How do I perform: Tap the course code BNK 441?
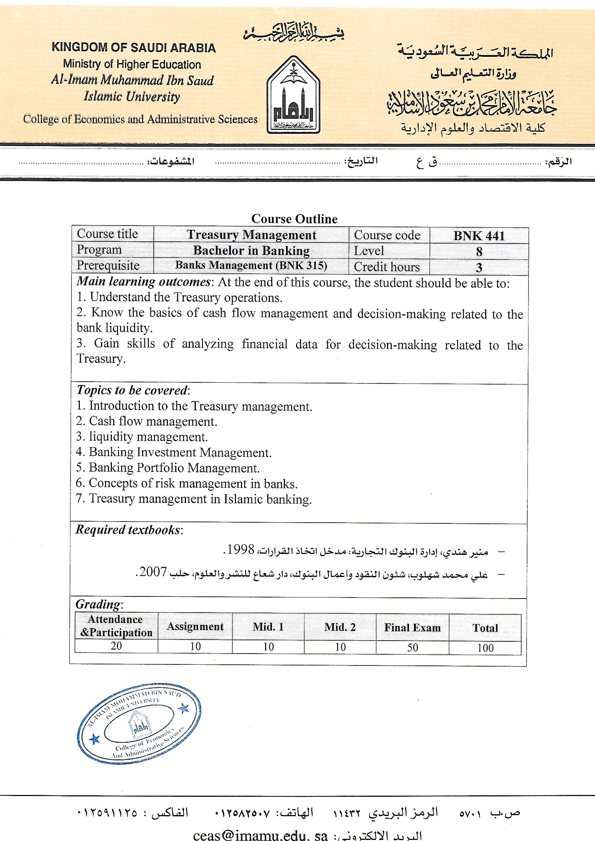(479, 236)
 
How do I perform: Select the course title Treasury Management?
(251, 235)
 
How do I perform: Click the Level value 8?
(479, 252)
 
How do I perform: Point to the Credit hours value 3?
(479, 267)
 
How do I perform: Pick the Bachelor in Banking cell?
(251, 251)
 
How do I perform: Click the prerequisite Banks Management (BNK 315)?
(251, 265)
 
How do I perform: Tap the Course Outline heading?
(294, 219)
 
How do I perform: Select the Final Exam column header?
(412, 628)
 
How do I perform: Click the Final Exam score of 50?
(413, 647)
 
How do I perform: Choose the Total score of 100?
(485, 648)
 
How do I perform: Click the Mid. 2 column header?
(340, 627)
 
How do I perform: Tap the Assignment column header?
(195, 627)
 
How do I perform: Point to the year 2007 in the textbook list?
(153, 572)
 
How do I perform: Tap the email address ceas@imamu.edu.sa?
(260, 835)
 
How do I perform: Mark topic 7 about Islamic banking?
(194, 499)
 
